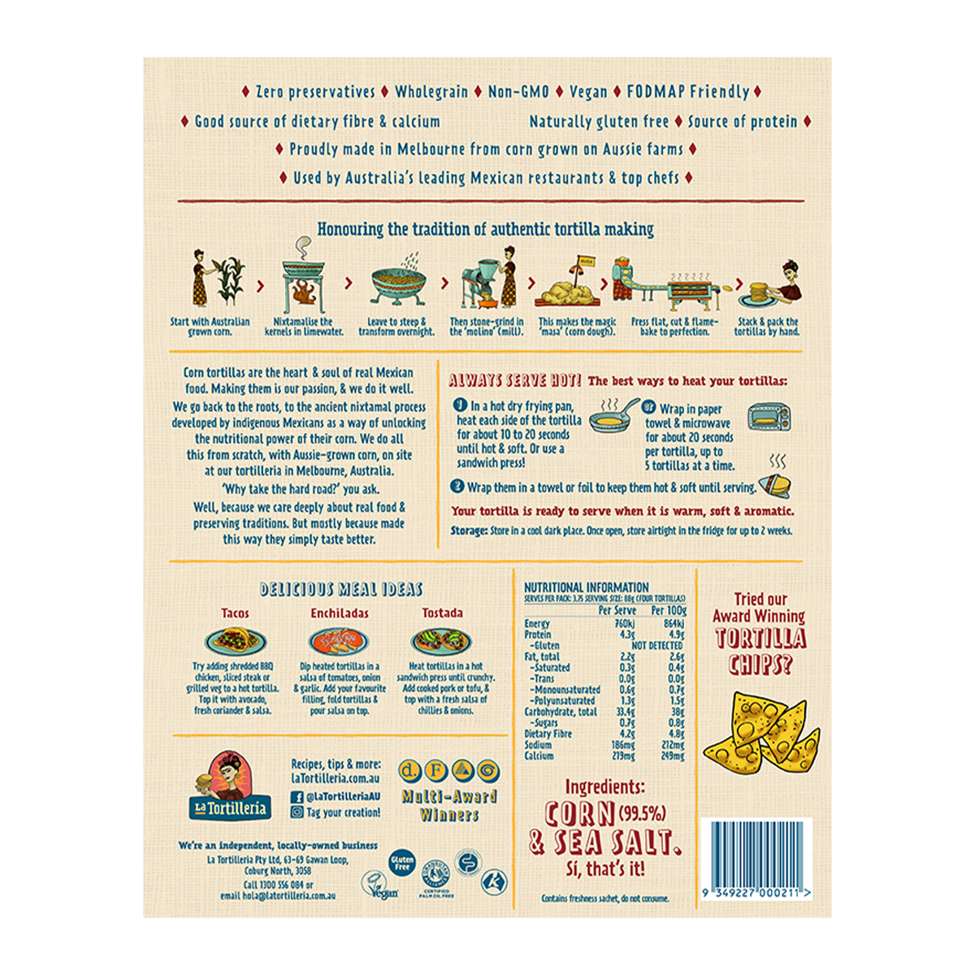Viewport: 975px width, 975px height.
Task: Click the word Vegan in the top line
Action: tap(588, 92)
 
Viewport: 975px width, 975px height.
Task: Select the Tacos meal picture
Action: tap(235, 641)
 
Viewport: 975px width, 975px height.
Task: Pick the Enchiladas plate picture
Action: tap(339, 641)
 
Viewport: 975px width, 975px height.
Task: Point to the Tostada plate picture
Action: tap(443, 641)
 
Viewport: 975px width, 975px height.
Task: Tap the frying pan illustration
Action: tap(613, 418)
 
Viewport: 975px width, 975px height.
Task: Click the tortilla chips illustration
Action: tap(761, 731)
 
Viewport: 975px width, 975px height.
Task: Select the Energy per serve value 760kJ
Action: tap(625, 624)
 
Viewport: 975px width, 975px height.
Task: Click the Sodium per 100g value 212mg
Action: tap(673, 744)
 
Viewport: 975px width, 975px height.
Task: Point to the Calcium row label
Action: tap(539, 756)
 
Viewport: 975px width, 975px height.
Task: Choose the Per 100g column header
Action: tap(669, 610)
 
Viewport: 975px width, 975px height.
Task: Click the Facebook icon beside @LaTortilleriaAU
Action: tap(297, 797)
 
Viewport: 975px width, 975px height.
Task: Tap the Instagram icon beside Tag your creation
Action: tap(297, 812)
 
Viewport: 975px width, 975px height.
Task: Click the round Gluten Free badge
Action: tap(402, 863)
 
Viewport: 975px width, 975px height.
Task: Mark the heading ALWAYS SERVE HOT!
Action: tap(515, 380)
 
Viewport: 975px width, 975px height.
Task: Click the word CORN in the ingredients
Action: tap(580, 814)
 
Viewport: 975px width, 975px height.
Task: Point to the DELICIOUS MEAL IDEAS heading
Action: tap(341, 590)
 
